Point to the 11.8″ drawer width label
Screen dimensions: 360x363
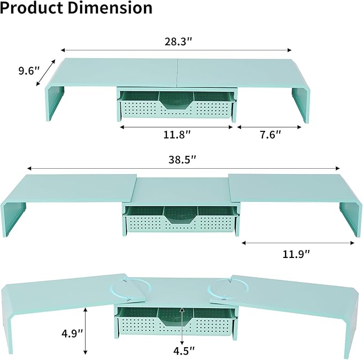point(177,135)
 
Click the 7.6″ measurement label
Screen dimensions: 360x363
point(266,135)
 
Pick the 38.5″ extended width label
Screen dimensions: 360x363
point(182,159)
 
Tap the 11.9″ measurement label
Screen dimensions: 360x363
point(296,254)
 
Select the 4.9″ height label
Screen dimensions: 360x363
point(73,333)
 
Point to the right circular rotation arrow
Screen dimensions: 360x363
point(220,290)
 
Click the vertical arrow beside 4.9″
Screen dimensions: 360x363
point(86,331)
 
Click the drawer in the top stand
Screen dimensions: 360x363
point(177,106)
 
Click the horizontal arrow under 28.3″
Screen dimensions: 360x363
point(177,49)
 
